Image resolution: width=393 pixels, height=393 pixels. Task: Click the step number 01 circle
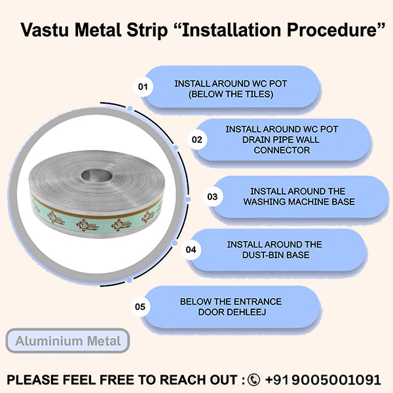pos(143,86)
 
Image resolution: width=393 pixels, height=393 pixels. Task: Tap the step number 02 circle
pos(196,140)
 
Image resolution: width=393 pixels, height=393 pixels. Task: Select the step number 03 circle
pos(212,196)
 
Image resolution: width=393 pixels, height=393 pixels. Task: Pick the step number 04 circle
pos(191,250)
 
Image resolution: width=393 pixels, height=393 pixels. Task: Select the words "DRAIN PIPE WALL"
pos(282,140)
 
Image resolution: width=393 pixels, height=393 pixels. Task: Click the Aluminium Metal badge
pos(68,341)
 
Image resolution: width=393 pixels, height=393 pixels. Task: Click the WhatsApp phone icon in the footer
pos(253,379)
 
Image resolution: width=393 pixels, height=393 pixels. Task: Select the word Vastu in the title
pos(44,31)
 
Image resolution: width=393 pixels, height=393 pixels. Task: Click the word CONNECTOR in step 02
pos(282,150)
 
